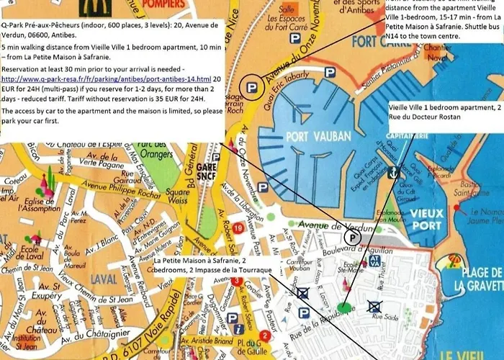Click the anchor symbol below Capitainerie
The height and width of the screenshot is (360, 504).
coord(393,173)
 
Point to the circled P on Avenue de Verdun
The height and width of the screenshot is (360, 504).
coord(351,237)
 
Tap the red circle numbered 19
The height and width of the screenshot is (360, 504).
coord(238,228)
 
